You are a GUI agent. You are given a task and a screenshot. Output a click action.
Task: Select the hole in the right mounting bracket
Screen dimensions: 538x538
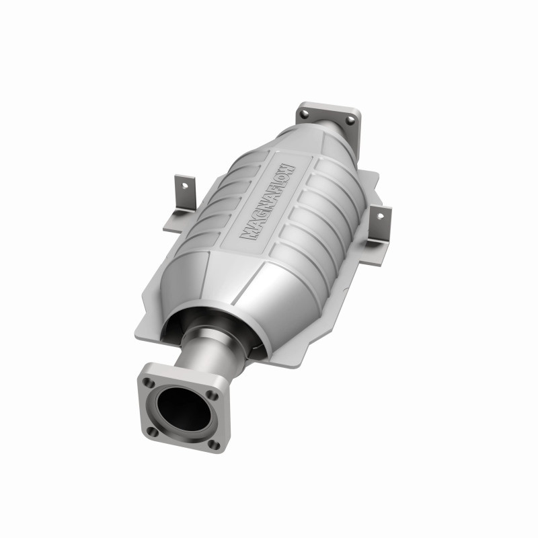(381, 217)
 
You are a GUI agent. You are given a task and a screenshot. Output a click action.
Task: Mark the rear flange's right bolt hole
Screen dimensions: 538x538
(349, 120)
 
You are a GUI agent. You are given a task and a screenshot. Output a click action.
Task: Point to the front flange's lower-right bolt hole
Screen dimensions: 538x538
(213, 443)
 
